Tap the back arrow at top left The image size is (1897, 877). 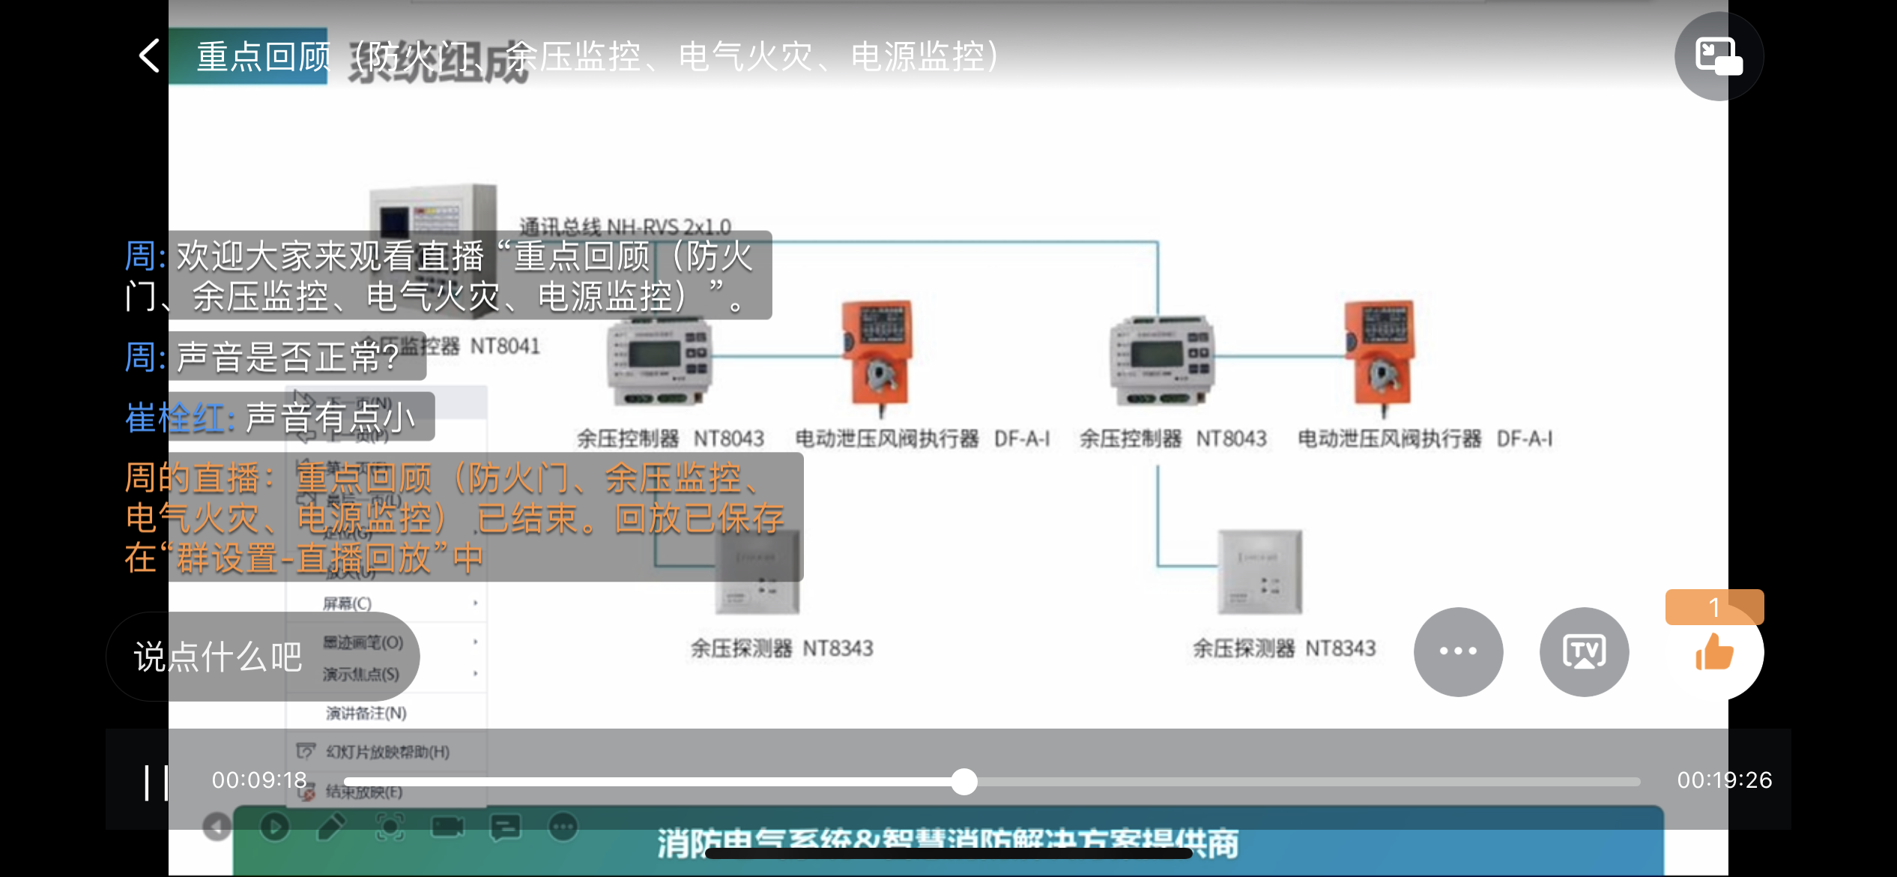click(x=150, y=56)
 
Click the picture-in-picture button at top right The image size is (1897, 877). click(x=1719, y=56)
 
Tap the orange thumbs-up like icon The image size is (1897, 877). click(x=1714, y=652)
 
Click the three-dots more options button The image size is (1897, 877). click(x=1458, y=651)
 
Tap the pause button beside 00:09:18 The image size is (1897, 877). click(x=156, y=783)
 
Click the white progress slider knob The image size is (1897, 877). click(x=964, y=782)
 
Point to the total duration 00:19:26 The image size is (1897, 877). click(x=1725, y=780)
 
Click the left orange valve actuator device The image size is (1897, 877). click(x=878, y=354)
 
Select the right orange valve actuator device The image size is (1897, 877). click(x=1381, y=354)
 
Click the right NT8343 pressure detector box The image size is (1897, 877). click(x=1260, y=571)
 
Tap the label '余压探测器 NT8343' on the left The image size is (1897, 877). click(x=781, y=648)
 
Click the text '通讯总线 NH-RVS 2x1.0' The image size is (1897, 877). click(x=625, y=226)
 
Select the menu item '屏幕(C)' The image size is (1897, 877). click(x=348, y=603)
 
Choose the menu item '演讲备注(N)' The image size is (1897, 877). click(x=366, y=713)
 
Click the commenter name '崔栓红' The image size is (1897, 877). click(x=175, y=418)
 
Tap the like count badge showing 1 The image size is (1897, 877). click(x=1714, y=607)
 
